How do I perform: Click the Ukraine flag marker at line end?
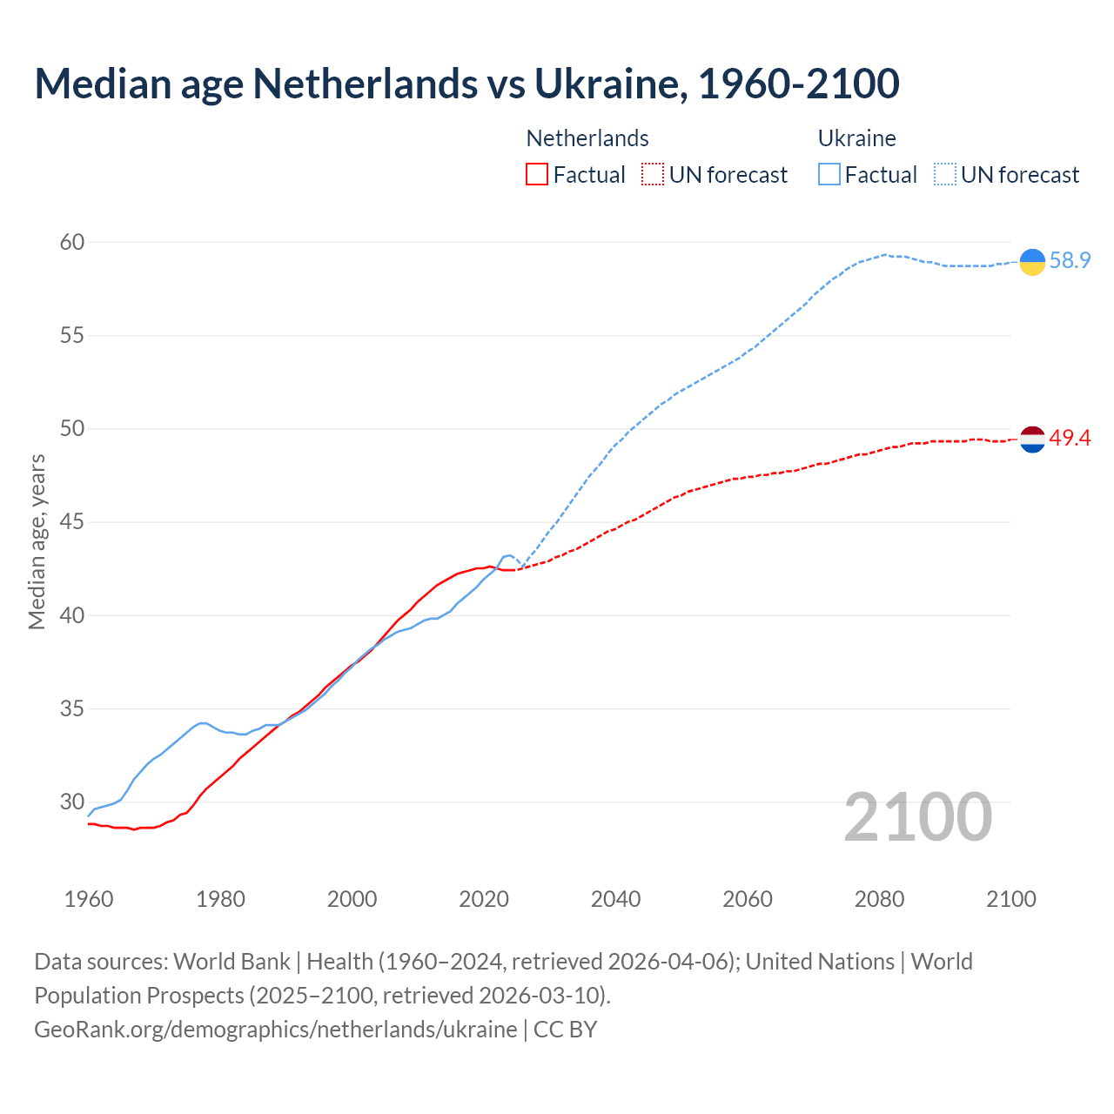pos(1032,261)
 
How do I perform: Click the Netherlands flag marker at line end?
pos(1032,440)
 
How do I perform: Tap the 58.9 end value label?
pos(1070,261)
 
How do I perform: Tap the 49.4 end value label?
pos(1070,439)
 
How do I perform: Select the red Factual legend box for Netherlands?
pos(537,175)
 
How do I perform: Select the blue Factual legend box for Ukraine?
pos(829,175)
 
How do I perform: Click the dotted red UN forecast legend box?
pos(653,175)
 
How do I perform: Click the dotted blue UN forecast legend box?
pos(944,175)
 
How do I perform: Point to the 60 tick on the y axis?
pos(72,242)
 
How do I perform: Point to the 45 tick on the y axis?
pos(72,522)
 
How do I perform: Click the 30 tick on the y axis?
pos(72,802)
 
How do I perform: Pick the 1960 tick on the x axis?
pos(89,899)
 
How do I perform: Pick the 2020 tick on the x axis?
pos(484,899)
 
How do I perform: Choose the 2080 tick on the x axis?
pos(879,899)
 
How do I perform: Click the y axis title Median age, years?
pos(37,541)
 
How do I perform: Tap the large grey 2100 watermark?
pos(917,817)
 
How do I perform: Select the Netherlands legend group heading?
pos(587,138)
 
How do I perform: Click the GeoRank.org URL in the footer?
pos(275,1030)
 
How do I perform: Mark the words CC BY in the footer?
pos(566,1030)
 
